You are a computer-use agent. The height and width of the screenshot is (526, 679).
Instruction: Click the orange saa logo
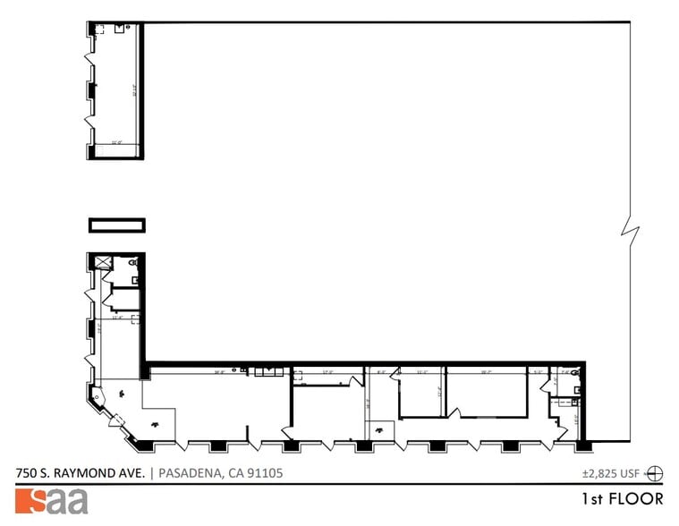[x=52, y=501]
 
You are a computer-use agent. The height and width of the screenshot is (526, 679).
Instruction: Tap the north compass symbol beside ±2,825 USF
[x=655, y=473]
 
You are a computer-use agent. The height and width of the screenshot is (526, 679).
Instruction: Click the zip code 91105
[x=265, y=473]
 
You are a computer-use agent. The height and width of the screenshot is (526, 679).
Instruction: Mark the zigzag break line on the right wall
[x=632, y=233]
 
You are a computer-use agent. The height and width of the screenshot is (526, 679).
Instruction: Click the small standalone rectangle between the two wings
[x=116, y=224]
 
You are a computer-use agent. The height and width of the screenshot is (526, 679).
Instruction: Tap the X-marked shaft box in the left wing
[x=101, y=262]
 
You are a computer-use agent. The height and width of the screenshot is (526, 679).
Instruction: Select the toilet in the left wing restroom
[x=133, y=265]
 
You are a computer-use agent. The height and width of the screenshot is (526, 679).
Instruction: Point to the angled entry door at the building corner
[x=117, y=420]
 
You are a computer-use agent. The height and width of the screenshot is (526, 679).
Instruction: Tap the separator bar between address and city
[x=151, y=473]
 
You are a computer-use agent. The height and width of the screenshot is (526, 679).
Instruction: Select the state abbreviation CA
[x=234, y=473]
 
